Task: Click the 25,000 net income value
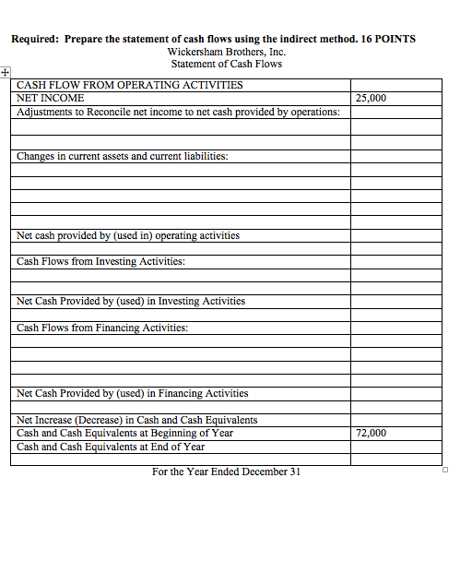pyautogui.click(x=371, y=98)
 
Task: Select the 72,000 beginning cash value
pyautogui.click(x=371, y=433)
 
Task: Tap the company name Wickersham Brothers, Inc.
pyautogui.click(x=226, y=52)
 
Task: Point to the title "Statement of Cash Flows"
pyautogui.click(x=226, y=64)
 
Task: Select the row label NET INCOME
pyautogui.click(x=51, y=98)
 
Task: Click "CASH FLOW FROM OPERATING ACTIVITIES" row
pyautogui.click(x=130, y=85)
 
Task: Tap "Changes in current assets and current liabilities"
pyautogui.click(x=122, y=156)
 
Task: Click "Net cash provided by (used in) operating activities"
pyautogui.click(x=128, y=235)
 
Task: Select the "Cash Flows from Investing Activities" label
pyautogui.click(x=100, y=261)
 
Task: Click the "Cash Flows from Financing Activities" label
pyautogui.click(x=102, y=328)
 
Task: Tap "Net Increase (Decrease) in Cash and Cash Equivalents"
pyautogui.click(x=137, y=420)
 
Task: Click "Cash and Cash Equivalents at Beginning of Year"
pyautogui.click(x=124, y=433)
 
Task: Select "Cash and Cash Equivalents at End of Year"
pyautogui.click(x=111, y=447)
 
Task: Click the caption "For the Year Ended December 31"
pyautogui.click(x=226, y=472)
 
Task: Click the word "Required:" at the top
pyautogui.click(x=35, y=39)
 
